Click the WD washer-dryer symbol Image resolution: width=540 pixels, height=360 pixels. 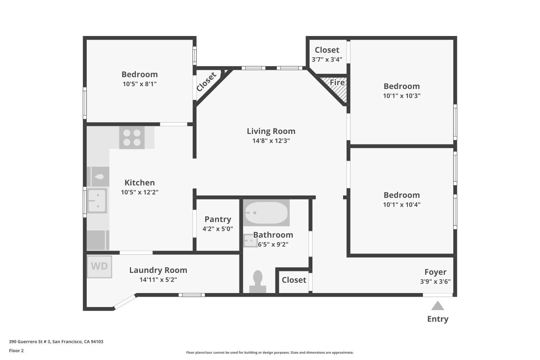pos(99,267)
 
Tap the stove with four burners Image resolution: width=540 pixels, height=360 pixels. pos(132,138)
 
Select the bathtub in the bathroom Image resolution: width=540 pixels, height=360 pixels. pos(266,213)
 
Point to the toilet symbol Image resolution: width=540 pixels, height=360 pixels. pos(258,282)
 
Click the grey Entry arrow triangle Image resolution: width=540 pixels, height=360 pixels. pos(437,306)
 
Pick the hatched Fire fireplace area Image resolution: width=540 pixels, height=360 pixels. pos(335,89)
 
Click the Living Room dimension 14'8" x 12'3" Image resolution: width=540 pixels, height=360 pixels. pos(271,140)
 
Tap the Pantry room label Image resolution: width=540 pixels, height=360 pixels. pos(218,219)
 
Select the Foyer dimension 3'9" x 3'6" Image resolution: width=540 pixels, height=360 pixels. pos(435,282)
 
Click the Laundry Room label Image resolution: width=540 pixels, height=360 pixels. pos(158,270)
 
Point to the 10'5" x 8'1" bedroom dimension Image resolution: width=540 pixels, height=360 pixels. pos(140,84)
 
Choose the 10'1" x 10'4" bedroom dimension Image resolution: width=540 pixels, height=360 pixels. pos(402,204)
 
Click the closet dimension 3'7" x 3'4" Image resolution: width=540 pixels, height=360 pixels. pos(327,59)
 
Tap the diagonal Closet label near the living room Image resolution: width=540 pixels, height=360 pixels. pos(206,82)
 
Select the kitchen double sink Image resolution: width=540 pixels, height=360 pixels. pos(97,201)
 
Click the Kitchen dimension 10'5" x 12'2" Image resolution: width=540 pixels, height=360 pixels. pos(140,192)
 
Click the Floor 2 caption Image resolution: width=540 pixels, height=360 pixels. pos(17,351)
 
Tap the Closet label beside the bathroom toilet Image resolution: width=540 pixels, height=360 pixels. pos(294,280)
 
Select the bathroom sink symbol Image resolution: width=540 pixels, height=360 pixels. pos(251,240)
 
